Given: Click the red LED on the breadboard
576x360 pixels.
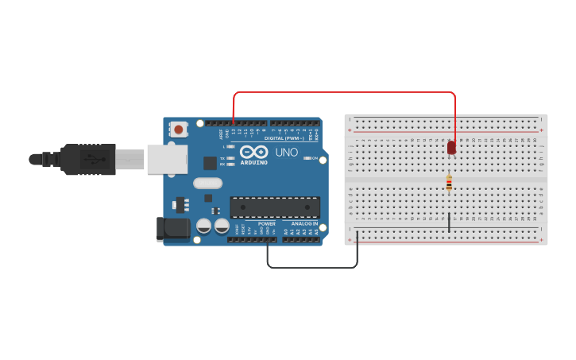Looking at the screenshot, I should coord(451,147).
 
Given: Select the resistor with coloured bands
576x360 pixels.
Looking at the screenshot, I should coord(449,184).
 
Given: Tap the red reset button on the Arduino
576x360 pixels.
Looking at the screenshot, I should coord(180,130).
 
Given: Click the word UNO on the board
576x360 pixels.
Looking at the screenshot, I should coord(286,152).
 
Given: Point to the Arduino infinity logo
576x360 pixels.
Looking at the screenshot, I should coord(253,151).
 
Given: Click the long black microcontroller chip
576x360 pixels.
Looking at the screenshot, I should coord(275,207).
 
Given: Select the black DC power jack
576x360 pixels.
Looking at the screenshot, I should coord(173,229).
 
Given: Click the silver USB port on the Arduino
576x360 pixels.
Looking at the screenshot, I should coord(167,159).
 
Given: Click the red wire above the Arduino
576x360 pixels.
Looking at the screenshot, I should coord(342,92).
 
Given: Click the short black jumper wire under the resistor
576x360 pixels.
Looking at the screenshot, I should coord(449,222).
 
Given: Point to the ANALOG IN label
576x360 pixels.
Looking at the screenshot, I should coord(303,224).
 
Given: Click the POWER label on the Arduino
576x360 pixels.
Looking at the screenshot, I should coord(267,224).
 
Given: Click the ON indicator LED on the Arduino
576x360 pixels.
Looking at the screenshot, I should coord(307,158).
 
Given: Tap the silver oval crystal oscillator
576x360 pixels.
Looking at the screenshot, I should coord(207,183).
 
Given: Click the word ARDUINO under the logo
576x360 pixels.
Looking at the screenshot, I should coord(254,162).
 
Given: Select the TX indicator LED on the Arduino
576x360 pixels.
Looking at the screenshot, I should coord(230,158).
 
